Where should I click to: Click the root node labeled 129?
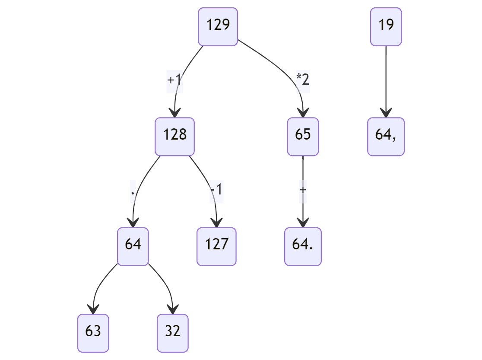[218, 26]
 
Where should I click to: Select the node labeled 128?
[174, 136]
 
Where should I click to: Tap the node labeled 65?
[303, 136]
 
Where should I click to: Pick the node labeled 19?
[386, 26]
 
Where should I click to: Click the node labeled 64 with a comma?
[386, 136]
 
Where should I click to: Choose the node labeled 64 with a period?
[303, 246]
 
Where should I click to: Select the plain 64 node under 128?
[133, 246]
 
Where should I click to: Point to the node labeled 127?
[216, 246]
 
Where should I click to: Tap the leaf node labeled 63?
[93, 333]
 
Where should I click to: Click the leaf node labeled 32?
[172, 333]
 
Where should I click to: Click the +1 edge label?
[174, 80]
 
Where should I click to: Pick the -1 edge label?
[216, 190]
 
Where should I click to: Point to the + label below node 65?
[303, 190]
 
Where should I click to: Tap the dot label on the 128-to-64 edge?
[133, 191]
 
